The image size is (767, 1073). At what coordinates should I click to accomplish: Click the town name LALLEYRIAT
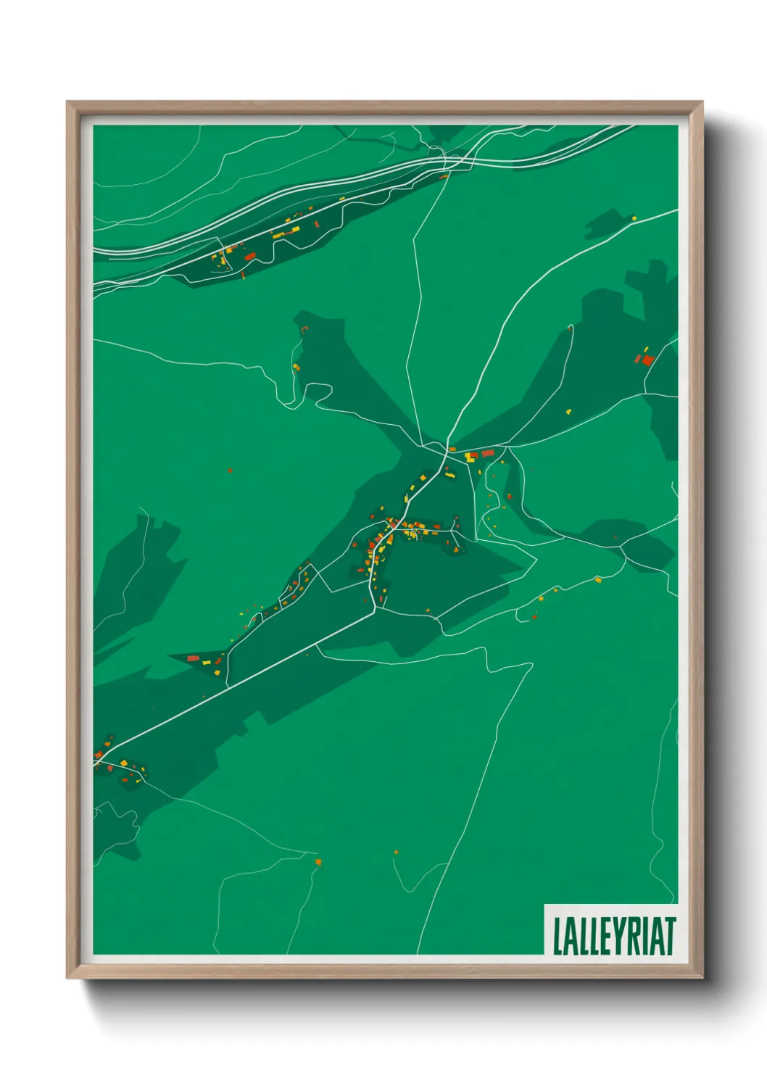pos(614,936)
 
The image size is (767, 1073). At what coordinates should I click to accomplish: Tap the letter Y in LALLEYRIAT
pos(617,936)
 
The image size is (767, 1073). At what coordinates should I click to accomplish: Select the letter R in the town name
pos(633,936)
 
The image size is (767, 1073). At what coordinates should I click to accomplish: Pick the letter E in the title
pos(601,936)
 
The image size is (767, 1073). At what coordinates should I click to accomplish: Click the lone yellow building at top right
pos(634,217)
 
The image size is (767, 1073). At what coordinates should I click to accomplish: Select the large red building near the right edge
pos(647,360)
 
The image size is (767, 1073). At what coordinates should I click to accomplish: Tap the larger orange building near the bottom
pos(318,861)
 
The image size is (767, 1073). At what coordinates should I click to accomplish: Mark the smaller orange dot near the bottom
pos(396,853)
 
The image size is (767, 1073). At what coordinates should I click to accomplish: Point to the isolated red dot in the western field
pos(230,471)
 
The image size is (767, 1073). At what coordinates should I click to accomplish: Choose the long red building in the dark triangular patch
pos(192,658)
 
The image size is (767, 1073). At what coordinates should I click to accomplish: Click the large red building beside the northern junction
pos(488,453)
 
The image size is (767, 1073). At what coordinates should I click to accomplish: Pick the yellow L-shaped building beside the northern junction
pos(473,456)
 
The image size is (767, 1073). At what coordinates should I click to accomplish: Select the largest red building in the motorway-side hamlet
pos(249,256)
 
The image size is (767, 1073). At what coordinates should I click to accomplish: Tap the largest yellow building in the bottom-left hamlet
pos(123,763)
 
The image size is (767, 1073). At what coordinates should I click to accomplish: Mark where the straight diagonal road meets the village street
pos(374,610)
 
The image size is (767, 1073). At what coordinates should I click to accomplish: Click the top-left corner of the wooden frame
pos(67,102)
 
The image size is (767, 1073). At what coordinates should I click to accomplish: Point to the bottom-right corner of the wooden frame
pos(702,978)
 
